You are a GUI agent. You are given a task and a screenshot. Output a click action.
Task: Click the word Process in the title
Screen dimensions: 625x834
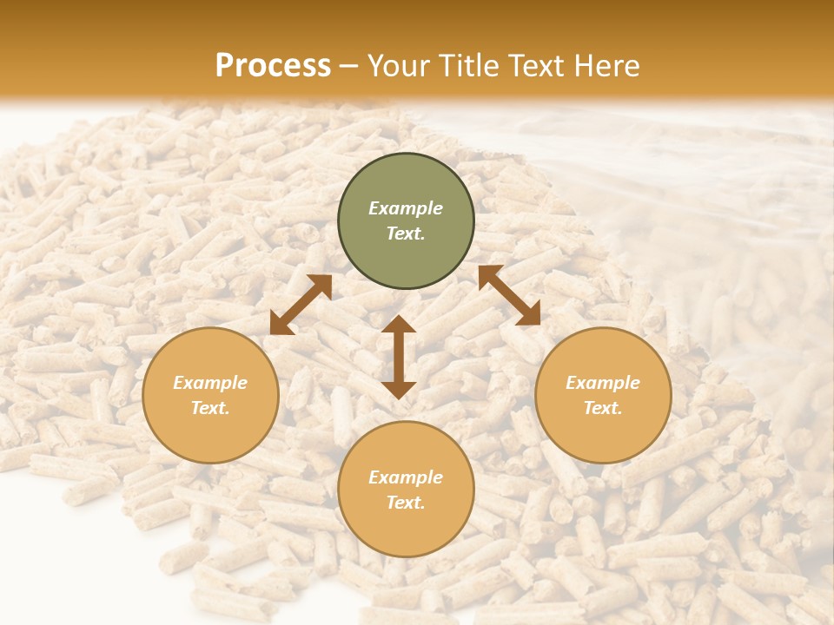coord(273,66)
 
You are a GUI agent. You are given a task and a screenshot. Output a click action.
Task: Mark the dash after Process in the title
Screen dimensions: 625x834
coord(348,68)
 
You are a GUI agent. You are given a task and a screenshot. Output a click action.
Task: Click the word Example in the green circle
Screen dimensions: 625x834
coord(406,208)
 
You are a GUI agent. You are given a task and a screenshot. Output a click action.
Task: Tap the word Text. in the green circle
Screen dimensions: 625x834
coord(406,234)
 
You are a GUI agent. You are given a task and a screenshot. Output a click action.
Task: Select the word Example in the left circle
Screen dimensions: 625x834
coord(210,383)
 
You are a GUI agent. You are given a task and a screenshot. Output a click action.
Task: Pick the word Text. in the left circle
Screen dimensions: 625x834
coord(210,408)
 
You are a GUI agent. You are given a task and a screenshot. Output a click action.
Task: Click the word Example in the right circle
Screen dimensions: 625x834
coord(603,383)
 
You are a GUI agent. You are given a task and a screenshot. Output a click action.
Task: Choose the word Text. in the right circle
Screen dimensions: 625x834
coord(603,408)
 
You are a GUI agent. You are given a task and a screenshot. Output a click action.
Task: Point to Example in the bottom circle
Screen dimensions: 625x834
coord(406,477)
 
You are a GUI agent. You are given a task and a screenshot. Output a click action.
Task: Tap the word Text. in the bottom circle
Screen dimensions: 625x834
coord(406,503)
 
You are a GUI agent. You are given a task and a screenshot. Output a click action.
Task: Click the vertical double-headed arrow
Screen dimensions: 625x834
coord(399,357)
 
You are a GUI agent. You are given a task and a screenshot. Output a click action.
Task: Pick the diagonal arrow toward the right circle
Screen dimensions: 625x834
coord(509,296)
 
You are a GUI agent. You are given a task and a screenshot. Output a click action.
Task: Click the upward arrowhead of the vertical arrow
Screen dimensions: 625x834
coord(399,324)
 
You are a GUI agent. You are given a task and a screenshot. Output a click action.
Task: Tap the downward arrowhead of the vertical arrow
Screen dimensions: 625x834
coord(399,390)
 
